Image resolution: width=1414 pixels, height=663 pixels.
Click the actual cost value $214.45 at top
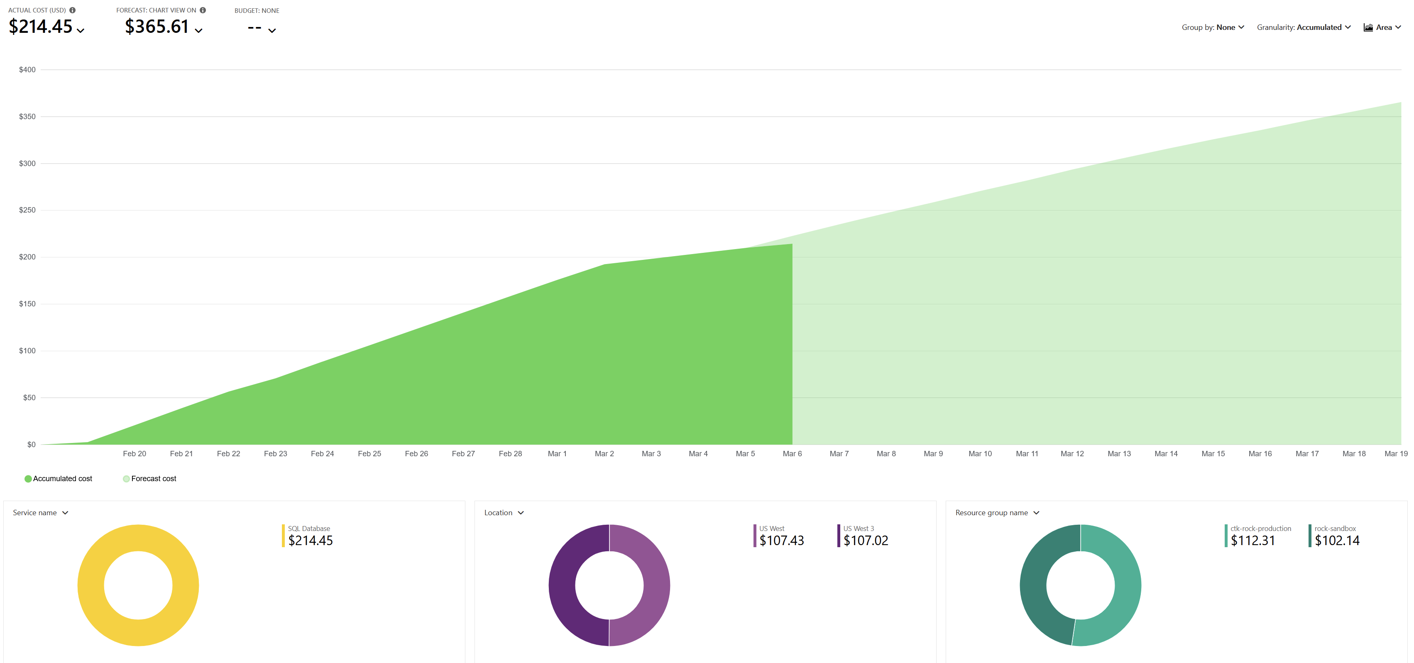[41, 26]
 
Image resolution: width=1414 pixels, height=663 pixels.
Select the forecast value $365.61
[157, 26]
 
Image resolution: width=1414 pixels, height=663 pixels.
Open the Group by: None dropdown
[1213, 27]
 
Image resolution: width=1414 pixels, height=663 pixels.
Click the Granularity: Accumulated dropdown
[1304, 27]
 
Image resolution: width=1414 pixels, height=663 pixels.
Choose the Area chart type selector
[1382, 27]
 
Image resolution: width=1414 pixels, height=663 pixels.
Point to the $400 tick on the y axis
[27, 70]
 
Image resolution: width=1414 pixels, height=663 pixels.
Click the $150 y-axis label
[27, 304]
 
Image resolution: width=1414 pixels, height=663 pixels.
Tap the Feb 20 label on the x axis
[135, 454]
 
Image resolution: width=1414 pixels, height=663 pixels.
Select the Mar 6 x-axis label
[792, 454]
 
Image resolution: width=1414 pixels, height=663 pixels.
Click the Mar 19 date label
[1396, 454]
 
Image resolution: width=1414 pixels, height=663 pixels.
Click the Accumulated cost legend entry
[58, 479]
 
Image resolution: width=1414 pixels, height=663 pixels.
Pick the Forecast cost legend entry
[149, 479]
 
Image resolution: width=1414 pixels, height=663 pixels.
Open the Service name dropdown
[41, 513]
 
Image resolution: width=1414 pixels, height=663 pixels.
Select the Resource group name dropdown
[997, 513]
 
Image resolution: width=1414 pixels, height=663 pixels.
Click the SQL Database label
[309, 528]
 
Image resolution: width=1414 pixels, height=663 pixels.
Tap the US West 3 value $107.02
[866, 541]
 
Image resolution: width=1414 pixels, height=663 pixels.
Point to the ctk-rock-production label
[1260, 528]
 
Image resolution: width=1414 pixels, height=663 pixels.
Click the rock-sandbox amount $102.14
[1337, 541]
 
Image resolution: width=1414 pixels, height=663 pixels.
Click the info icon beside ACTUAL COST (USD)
[73, 10]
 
